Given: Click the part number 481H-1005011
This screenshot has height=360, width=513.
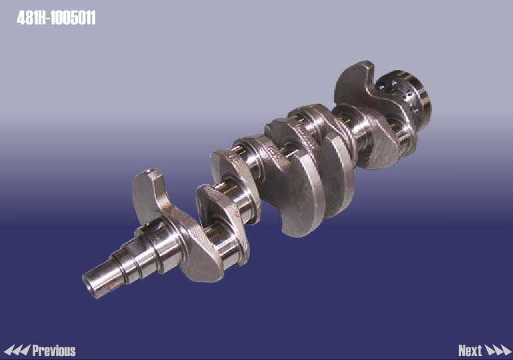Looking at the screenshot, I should pos(56,18).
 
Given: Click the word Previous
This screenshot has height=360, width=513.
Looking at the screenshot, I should pos(54,351).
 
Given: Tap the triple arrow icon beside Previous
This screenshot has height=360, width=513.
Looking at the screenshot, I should pos(17,351).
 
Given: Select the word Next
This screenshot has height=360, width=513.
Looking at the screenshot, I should pos(470,351).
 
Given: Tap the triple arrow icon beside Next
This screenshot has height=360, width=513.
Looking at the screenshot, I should pos(498,351).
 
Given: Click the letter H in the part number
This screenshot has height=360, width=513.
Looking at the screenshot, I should pos(41,18).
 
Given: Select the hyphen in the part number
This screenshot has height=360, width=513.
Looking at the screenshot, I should pos(49,19).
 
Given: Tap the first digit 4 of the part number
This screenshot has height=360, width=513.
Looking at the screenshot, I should pos(21,18).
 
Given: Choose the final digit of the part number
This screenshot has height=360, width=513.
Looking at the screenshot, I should pos(93,18).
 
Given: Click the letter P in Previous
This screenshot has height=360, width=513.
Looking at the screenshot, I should pos(36,351).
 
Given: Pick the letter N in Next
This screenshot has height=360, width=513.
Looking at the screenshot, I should pos(462,351).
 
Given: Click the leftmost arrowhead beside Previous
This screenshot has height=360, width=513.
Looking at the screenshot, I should pos(8,351).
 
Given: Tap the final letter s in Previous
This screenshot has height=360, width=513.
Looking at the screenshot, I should pos(73,351).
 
